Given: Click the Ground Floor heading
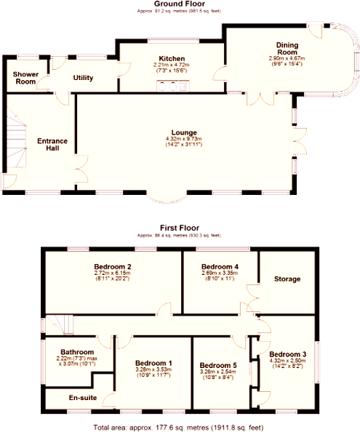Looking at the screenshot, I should (180, 4).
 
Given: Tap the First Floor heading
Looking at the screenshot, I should (180, 228).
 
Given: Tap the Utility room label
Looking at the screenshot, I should (83, 78).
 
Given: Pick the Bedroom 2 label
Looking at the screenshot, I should (112, 266).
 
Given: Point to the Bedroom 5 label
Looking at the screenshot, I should (218, 364).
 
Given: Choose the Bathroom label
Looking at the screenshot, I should (77, 351).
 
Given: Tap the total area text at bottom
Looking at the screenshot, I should (180, 426).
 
